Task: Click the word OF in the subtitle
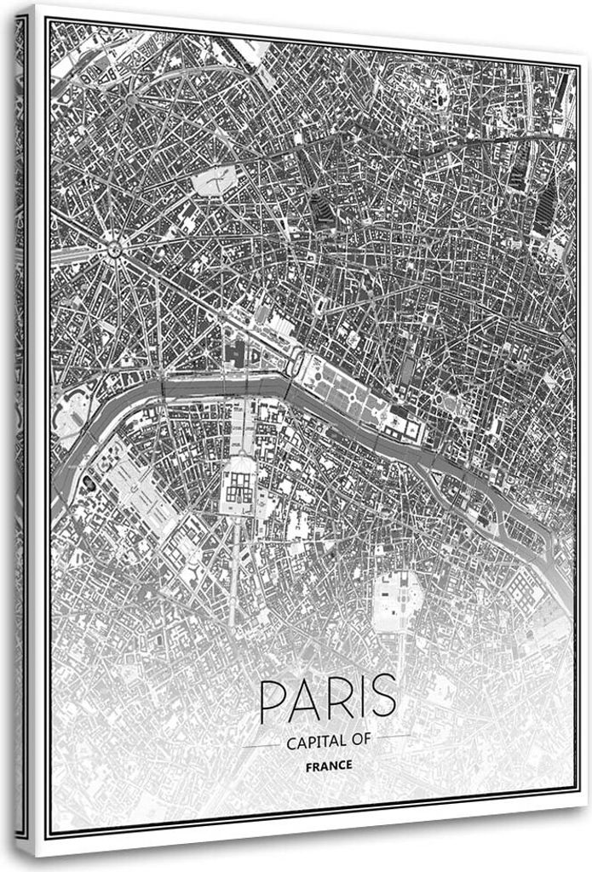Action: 360,741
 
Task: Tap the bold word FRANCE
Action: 328,766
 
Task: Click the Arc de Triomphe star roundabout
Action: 113,250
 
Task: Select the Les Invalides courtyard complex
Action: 239,486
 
